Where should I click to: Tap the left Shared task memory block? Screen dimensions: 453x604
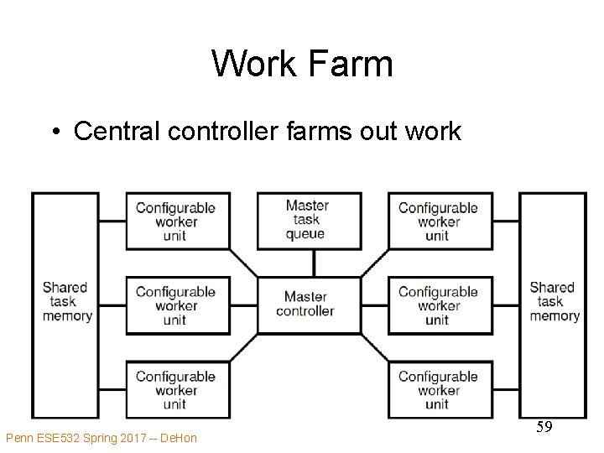65,305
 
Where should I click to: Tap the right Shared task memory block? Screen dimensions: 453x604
553,305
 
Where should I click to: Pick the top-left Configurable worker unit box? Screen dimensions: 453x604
175,221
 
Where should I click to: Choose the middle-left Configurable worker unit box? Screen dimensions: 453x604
175,305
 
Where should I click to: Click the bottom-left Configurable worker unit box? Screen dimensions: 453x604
175,389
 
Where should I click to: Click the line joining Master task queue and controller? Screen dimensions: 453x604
314,263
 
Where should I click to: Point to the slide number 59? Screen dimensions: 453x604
544,428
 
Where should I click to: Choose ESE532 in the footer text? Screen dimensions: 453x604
55,438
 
